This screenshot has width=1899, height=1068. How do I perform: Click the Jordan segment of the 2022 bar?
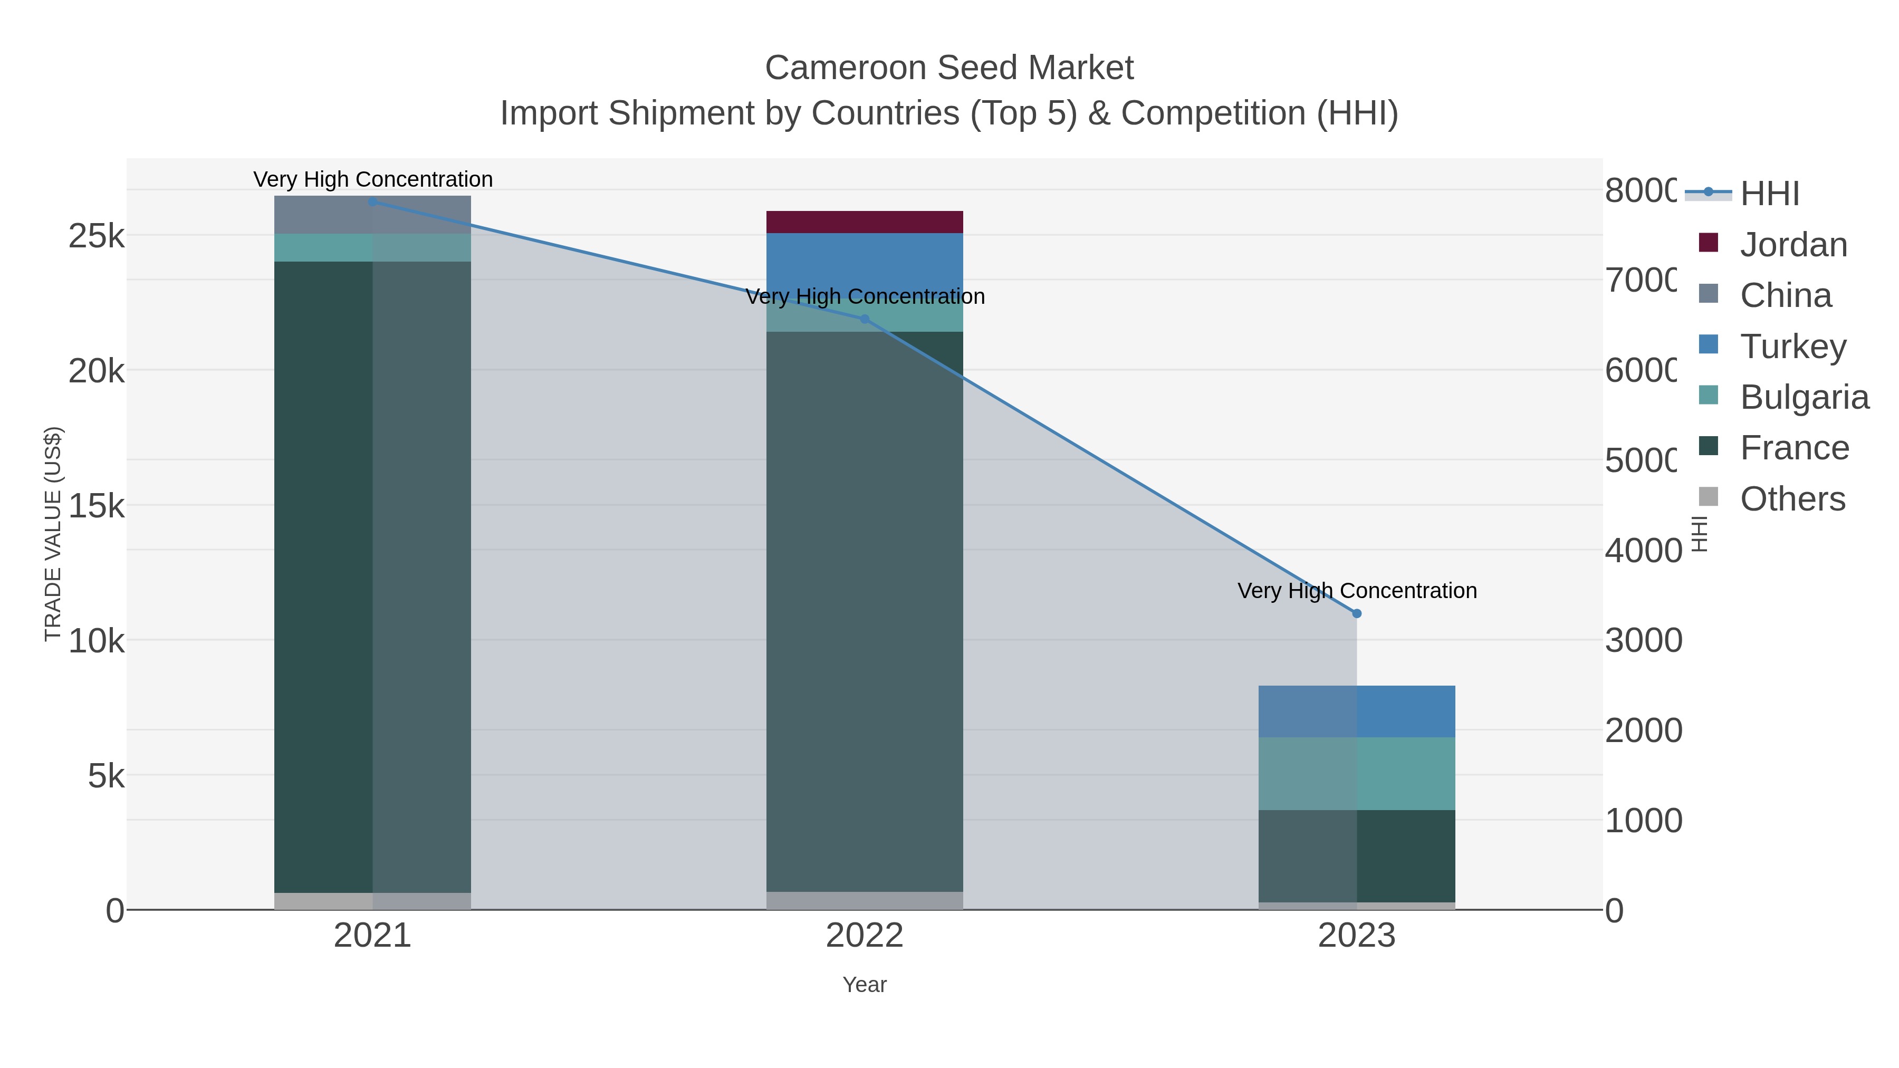(864, 222)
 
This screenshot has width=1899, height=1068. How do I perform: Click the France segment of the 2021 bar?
(324, 575)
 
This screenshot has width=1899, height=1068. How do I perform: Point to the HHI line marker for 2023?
(1356, 613)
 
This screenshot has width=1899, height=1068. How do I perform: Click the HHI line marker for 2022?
(865, 319)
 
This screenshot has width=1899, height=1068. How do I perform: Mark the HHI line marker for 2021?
(372, 202)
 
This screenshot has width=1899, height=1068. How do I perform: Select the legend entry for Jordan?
(1793, 245)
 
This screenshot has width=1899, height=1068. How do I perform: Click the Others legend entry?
(1791, 499)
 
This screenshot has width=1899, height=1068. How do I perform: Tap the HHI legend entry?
(1769, 194)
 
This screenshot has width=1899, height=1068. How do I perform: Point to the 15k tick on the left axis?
(96, 506)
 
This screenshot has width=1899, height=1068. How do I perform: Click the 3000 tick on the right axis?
(1643, 640)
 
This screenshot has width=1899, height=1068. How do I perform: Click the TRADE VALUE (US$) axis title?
(53, 534)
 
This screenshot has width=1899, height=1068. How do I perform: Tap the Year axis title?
(864, 985)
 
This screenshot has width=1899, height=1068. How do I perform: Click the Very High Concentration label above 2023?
(1356, 591)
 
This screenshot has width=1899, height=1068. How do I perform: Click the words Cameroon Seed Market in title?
(949, 68)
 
